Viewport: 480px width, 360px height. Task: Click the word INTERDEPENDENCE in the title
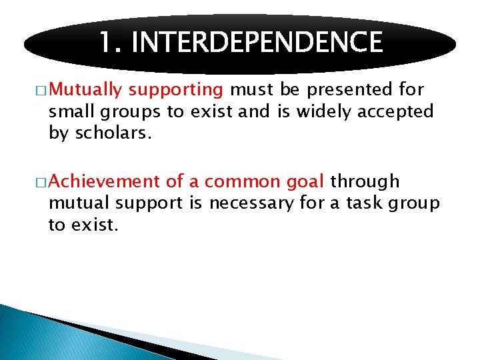pos(257,43)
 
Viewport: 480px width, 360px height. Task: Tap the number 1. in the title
pos(111,43)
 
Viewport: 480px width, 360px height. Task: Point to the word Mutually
pos(85,90)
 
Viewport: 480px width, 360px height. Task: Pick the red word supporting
pos(176,90)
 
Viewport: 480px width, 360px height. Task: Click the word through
pos(365,181)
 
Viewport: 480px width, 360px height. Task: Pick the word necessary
pos(251,203)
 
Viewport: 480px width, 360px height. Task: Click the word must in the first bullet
pos(251,90)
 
